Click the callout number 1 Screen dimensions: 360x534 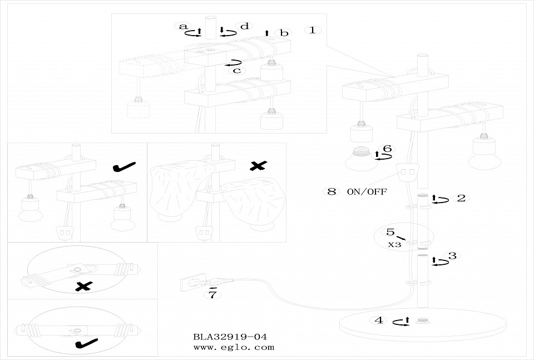(313, 30)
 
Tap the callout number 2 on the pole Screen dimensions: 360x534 (461, 198)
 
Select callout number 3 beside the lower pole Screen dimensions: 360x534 (452, 256)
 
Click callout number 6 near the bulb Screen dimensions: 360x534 (387, 149)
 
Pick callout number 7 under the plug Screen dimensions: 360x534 (211, 295)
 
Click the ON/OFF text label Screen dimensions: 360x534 (367, 192)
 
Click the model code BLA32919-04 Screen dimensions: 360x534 (230, 337)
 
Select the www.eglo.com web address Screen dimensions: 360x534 (234, 347)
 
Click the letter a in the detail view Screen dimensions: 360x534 (181, 26)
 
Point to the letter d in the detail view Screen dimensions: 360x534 (244, 26)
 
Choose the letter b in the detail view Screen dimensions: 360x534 (284, 33)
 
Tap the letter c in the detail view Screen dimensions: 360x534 (236, 70)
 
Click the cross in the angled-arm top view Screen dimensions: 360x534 (83, 287)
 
